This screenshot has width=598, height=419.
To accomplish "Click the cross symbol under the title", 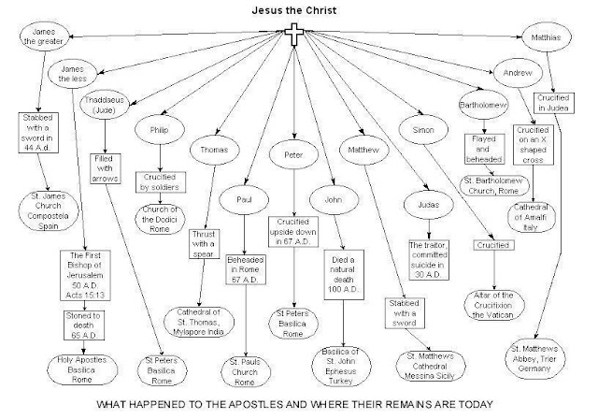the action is point(295,37).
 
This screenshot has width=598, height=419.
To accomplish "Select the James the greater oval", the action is point(44,36).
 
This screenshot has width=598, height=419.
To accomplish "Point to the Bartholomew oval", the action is point(483,105).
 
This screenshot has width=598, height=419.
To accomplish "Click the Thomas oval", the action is point(214,149).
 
